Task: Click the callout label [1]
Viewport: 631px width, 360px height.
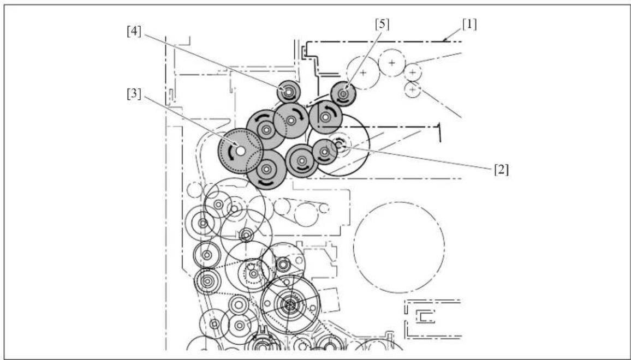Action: tap(469, 25)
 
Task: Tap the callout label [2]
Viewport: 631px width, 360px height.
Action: tap(502, 170)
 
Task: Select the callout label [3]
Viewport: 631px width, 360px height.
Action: tap(134, 94)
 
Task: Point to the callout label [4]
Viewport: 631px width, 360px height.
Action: tap(134, 32)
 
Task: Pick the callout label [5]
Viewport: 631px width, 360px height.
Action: tap(382, 24)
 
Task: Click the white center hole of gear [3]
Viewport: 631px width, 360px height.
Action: tap(240, 151)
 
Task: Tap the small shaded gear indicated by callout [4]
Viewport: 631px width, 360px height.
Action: tap(289, 92)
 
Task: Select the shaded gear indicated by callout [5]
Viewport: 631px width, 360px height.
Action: tap(343, 94)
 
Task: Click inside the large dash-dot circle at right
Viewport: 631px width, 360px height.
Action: tap(399, 248)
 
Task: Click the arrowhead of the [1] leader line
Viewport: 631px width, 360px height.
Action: tap(444, 40)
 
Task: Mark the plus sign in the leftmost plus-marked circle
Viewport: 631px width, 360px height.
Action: tap(363, 73)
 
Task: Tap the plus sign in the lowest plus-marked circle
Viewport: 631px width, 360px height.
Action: tap(413, 89)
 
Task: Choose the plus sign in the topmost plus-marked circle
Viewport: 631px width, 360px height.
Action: tap(392, 63)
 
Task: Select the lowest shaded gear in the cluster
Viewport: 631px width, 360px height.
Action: tap(266, 169)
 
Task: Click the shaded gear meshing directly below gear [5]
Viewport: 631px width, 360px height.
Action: tap(325, 117)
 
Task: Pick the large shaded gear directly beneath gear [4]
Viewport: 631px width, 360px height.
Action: tap(291, 120)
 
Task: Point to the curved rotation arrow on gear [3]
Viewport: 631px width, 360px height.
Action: tap(230, 152)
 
